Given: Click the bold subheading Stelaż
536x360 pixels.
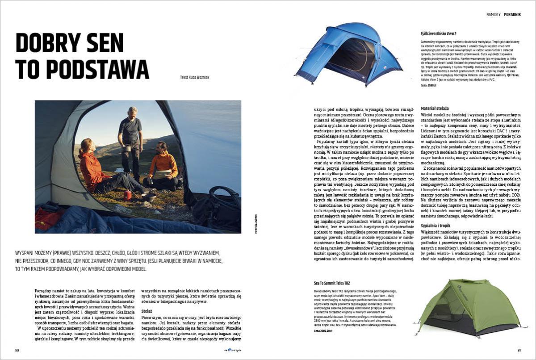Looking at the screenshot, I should [x=147, y=310].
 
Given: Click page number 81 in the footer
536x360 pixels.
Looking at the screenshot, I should [x=519, y=350].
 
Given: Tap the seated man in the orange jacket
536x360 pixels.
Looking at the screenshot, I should [x=163, y=165].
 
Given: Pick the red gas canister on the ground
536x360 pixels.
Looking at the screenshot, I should [x=128, y=195].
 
